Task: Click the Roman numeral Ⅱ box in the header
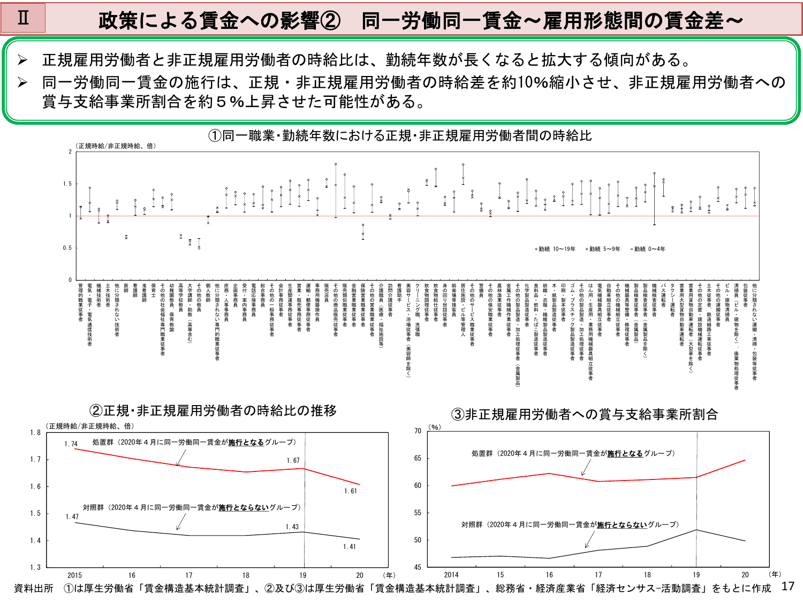(x=23, y=18)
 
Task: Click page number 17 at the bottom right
(x=787, y=586)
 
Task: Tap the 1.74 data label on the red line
(x=71, y=444)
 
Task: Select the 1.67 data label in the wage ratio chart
(x=293, y=460)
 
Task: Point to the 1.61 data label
(x=351, y=491)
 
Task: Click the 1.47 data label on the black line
(x=72, y=516)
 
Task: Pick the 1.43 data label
(x=292, y=527)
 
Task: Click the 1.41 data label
(x=350, y=546)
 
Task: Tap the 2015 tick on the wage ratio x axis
(x=75, y=575)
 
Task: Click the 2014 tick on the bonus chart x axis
(x=451, y=575)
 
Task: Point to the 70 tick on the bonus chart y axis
(x=418, y=431)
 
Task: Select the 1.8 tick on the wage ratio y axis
(x=35, y=432)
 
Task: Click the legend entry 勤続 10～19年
(x=555, y=249)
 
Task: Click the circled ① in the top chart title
(x=215, y=136)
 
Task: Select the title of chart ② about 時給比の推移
(x=213, y=410)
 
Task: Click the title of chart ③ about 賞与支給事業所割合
(x=584, y=414)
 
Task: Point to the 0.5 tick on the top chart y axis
(x=67, y=248)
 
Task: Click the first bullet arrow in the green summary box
(x=22, y=60)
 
